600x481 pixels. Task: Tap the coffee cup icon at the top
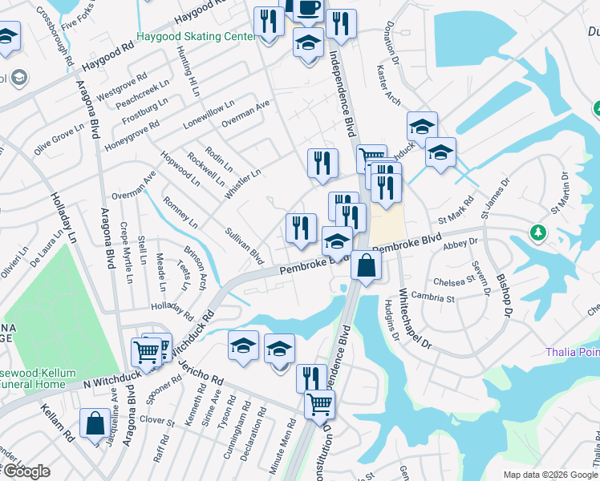point(308,8)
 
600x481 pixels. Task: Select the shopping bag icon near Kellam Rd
point(95,424)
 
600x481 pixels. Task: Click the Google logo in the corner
point(26,471)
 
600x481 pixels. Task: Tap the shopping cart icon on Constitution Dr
point(319,405)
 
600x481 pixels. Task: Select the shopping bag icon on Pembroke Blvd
point(366,267)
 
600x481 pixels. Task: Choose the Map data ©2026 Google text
point(550,475)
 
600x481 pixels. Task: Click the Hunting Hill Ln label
point(189,73)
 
